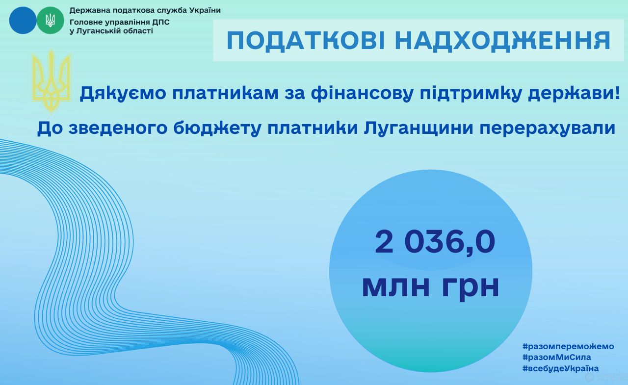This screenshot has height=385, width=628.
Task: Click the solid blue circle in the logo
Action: coord(23,21)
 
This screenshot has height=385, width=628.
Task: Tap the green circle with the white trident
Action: coord(51,21)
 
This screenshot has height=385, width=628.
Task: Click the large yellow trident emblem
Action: coord(51,81)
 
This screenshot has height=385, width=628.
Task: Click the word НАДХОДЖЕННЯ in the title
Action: coord(503,41)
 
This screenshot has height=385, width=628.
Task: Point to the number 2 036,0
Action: coord(435,241)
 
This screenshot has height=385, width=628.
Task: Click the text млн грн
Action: coord(431,286)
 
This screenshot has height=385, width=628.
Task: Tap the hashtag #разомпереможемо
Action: coord(568,346)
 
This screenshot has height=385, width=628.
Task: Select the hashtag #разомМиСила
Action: coord(557,357)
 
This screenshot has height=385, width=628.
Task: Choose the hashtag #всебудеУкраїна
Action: coord(561,368)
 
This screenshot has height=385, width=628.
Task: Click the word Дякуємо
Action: coord(123,93)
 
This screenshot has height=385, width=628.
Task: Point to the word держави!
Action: coord(574,93)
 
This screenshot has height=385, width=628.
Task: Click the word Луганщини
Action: coord(419,128)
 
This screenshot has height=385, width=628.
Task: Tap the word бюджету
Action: coord(217,128)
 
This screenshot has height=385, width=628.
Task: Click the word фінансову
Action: coord(362,93)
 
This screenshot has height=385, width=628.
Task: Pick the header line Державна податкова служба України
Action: coord(145,10)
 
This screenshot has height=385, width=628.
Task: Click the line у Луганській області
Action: coord(111,31)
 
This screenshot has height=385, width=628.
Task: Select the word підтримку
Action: coord(471,93)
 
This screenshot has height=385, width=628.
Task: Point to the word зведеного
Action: coord(118,128)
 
